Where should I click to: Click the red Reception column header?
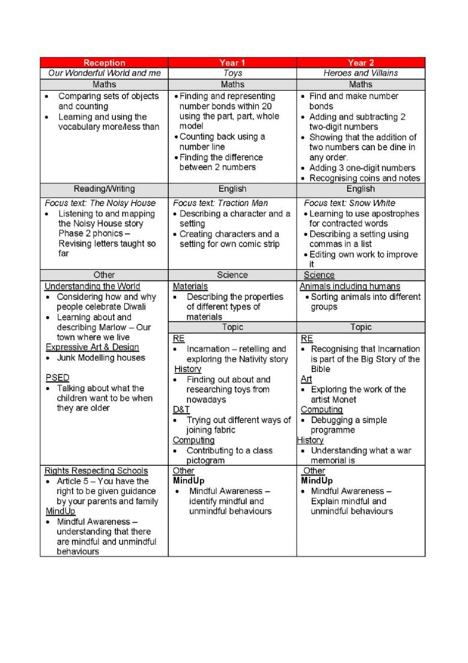pos(104,63)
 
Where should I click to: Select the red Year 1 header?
pos(232,63)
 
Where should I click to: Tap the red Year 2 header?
pos(360,63)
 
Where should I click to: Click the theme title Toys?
pos(232,73)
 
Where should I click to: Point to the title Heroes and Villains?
pos(360,73)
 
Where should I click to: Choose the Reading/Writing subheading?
pos(104,189)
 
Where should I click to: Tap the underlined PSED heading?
pos(58,378)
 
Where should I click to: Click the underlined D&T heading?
pos(181,410)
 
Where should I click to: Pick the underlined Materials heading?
pos(190,287)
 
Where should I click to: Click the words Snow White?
pos(376,203)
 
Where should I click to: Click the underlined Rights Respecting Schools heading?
pos(96,471)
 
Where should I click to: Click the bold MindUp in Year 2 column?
pos(317,481)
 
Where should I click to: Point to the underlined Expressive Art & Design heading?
pos(93,347)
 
